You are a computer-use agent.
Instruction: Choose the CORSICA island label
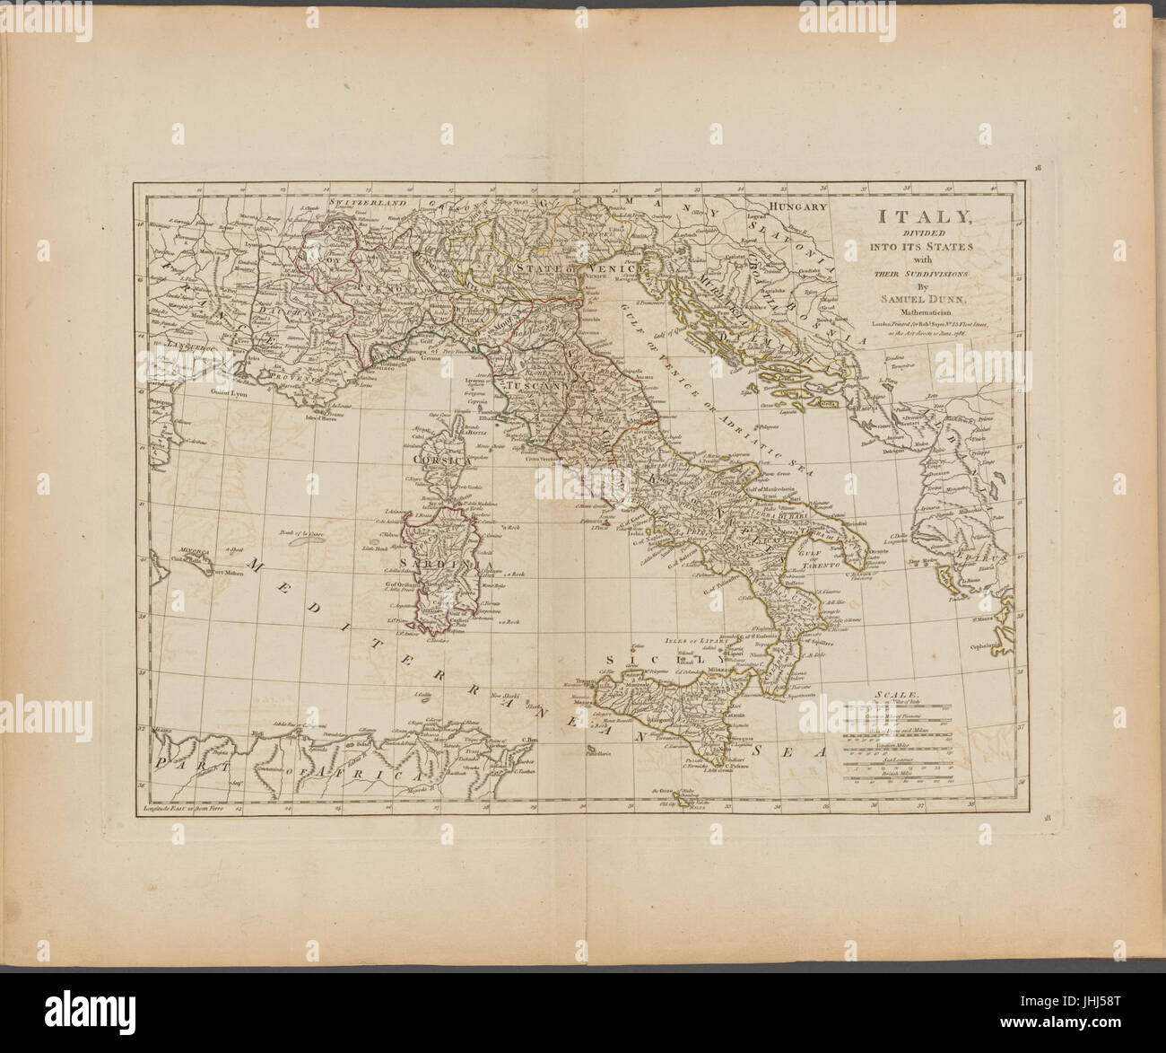[x=442, y=459]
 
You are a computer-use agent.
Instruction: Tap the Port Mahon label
[x=224, y=571]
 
